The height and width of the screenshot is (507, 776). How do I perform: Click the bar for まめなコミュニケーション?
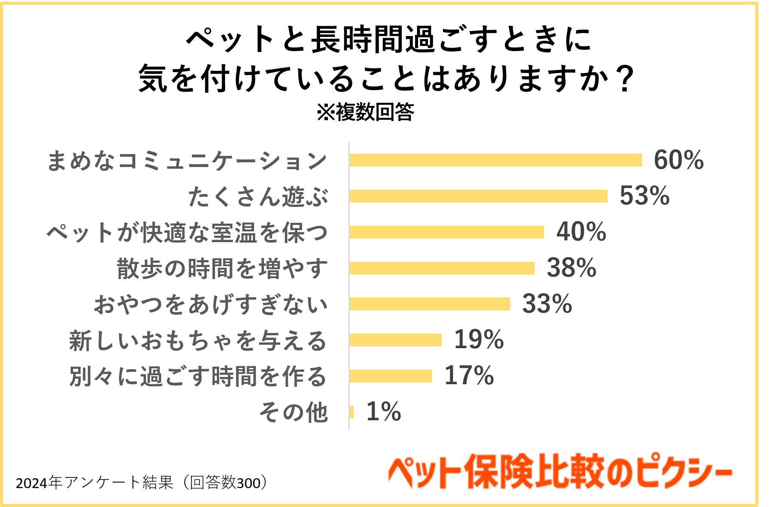click(x=495, y=160)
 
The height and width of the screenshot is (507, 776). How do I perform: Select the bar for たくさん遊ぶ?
click(x=478, y=196)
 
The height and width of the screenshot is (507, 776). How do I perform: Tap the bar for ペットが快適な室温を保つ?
click(x=446, y=232)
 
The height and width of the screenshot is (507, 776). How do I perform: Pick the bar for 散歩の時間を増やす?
click(x=441, y=268)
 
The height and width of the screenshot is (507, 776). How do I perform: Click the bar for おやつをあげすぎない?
click(x=429, y=304)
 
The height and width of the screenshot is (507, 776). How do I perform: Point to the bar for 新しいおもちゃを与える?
click(x=395, y=340)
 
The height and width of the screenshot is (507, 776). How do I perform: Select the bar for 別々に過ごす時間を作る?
click(x=390, y=376)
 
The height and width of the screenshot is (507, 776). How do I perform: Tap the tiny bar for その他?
click(x=351, y=412)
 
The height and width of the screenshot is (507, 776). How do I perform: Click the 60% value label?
click(x=678, y=160)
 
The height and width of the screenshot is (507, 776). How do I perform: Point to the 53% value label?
click(x=644, y=196)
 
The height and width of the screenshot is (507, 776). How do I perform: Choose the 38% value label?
click(x=571, y=268)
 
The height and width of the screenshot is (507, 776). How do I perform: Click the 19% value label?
click(x=479, y=340)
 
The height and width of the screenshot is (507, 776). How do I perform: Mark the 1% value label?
click(x=383, y=412)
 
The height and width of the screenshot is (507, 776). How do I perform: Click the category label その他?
click(x=293, y=413)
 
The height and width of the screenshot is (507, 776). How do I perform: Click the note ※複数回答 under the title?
click(x=365, y=112)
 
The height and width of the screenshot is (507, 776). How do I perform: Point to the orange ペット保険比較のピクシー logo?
click(x=559, y=472)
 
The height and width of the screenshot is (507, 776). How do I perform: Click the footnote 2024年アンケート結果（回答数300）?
click(x=142, y=483)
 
